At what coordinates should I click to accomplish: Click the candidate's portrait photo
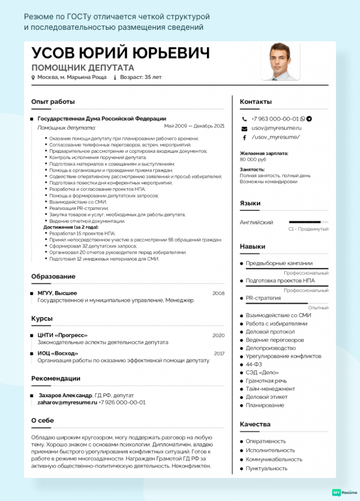[x=280, y=61]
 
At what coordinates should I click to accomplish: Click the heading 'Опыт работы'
[x=53, y=102]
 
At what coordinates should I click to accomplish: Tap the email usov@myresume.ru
[x=276, y=128]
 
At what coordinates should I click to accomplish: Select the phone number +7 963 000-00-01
[x=274, y=118]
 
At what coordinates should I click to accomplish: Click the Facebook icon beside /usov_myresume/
[x=244, y=137]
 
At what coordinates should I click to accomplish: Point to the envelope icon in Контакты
[x=244, y=128]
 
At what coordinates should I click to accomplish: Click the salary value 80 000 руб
[x=253, y=159]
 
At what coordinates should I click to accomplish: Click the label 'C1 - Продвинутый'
[x=308, y=229]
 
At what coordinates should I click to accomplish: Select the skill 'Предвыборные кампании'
[x=279, y=263]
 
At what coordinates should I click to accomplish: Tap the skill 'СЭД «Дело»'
[x=262, y=373]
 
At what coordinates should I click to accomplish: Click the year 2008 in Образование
[x=218, y=293]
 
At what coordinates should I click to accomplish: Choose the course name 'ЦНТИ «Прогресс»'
[x=63, y=335]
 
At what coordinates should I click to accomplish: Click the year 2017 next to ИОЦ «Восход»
[x=219, y=353]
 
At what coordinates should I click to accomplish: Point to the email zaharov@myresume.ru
[x=67, y=402]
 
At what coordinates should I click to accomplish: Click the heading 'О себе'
[x=43, y=420]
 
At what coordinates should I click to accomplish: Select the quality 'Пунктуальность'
[x=267, y=469]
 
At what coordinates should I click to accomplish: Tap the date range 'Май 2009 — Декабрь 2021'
[x=194, y=126]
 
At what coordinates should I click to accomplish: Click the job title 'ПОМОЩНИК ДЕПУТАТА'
[x=83, y=68]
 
